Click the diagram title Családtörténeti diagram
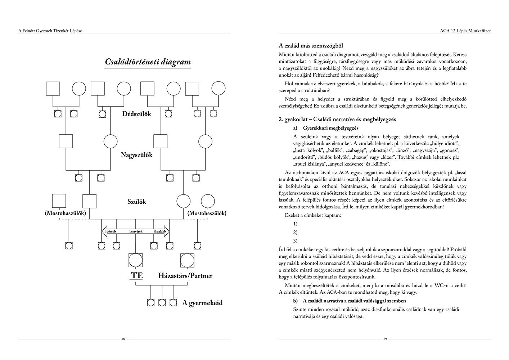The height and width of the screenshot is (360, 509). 148,62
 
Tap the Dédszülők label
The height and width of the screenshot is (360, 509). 136,114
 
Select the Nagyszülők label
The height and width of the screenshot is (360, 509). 136,155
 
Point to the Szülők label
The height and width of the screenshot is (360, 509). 137,202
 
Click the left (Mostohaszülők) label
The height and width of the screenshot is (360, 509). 66,213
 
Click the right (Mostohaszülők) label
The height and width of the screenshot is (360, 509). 207,213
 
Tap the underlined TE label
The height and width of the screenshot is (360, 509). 136,276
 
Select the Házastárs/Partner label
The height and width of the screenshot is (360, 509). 185,276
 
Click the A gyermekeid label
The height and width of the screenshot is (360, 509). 202,303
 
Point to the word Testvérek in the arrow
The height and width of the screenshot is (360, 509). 136,231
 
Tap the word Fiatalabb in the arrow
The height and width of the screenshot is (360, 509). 159,231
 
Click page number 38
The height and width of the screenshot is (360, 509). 123,339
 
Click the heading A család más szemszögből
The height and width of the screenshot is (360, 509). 311,46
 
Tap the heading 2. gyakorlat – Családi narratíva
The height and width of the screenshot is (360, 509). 337,119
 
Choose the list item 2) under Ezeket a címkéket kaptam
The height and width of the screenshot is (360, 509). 295,232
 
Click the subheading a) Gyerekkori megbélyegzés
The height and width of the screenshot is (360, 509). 326,128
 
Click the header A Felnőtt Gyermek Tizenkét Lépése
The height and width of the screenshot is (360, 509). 50,31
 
